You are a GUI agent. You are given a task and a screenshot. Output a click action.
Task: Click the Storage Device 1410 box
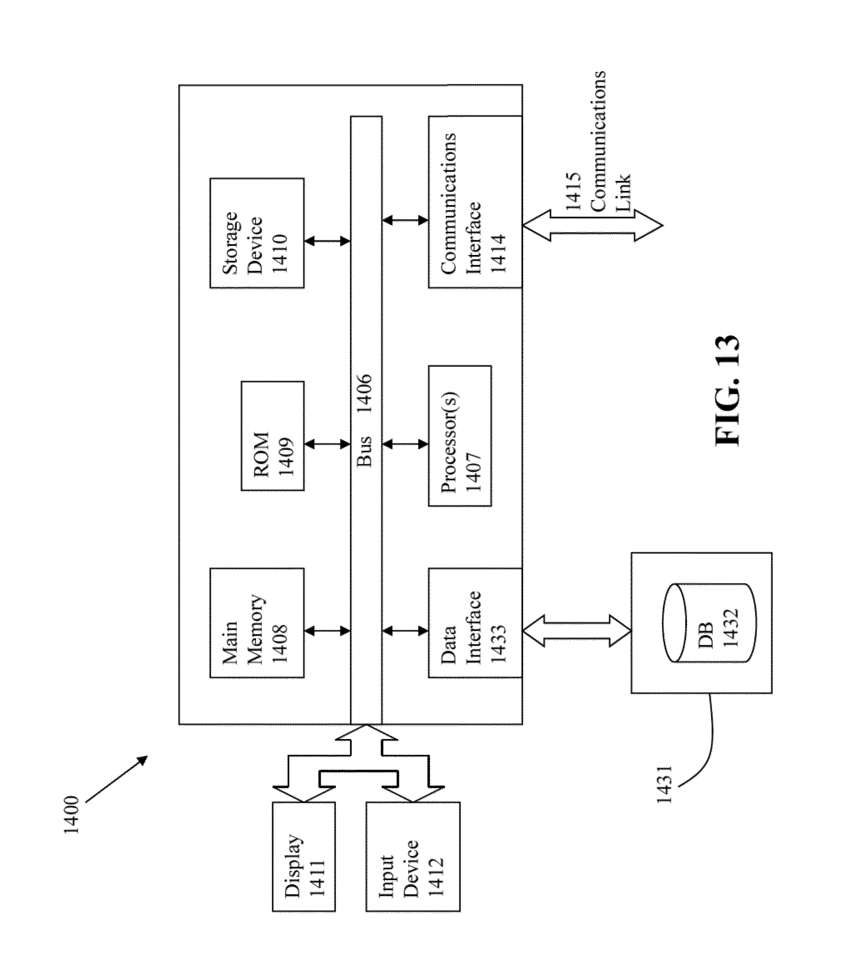257,233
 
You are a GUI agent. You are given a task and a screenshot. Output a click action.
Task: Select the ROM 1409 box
272,436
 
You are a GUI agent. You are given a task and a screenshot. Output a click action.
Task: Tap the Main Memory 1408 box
257,623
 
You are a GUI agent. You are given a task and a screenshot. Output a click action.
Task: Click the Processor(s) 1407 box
460,436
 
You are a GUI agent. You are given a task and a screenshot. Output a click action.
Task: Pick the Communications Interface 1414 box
474,202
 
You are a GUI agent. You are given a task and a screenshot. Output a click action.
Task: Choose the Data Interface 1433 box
474,623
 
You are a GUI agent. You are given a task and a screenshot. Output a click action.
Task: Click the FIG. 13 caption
728,391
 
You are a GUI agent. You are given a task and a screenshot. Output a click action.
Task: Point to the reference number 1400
72,815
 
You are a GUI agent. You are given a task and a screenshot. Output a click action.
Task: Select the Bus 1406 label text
366,421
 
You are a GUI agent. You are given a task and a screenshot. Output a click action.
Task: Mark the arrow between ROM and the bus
327,445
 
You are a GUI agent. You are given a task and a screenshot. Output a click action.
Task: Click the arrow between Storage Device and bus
327,241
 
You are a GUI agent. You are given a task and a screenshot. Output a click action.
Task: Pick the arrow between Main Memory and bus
327,631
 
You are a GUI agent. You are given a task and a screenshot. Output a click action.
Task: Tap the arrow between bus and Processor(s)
405,445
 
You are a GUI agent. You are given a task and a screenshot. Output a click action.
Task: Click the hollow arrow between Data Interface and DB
576,631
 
